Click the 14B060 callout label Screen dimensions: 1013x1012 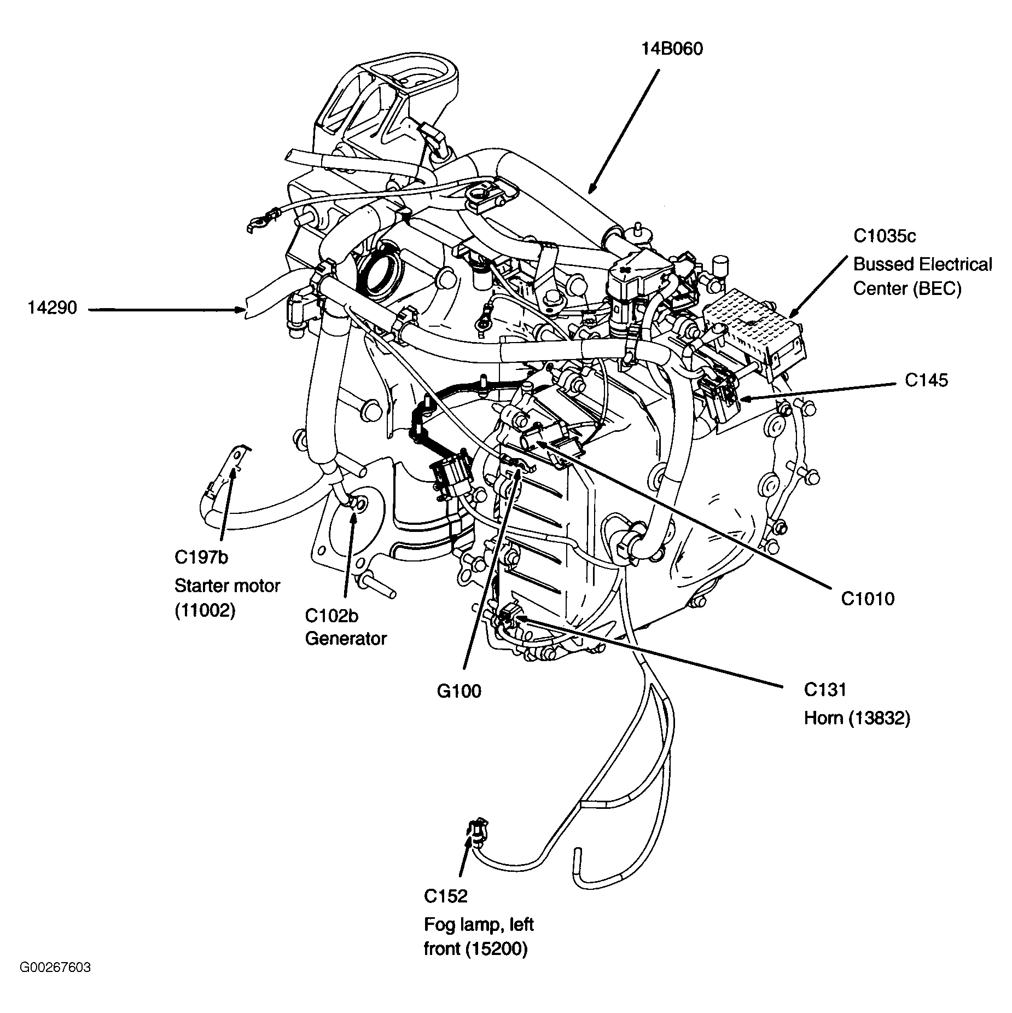click(672, 49)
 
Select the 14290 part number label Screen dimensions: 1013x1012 click(53, 309)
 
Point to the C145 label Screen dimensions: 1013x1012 click(926, 380)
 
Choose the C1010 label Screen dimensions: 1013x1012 click(868, 599)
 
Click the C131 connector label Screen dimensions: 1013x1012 click(825, 690)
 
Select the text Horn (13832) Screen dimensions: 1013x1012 click(857, 718)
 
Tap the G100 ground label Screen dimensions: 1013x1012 click(459, 691)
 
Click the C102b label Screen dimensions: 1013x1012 click(331, 616)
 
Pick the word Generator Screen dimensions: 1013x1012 click(346, 639)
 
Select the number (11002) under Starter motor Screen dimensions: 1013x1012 click(205, 610)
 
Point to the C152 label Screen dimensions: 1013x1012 click(446, 896)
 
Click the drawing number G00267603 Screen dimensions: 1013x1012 click(55, 982)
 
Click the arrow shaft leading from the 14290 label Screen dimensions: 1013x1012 click(164, 310)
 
